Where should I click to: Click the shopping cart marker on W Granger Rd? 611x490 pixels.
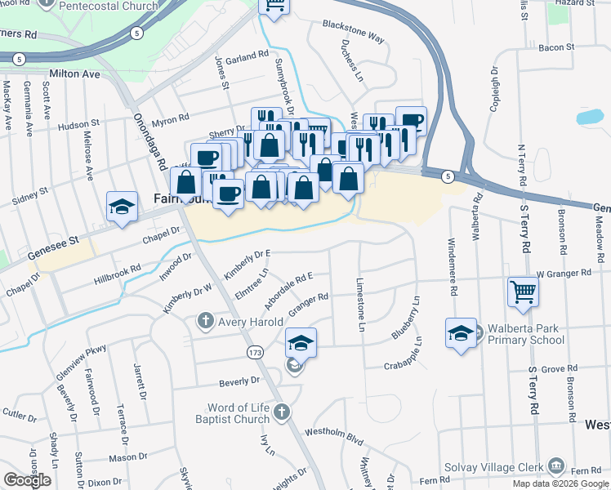[x=523, y=292]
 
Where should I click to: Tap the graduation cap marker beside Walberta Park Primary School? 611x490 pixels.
[x=461, y=333]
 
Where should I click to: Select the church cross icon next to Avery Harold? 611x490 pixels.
[x=207, y=322]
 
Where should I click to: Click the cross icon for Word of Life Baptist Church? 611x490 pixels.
[x=282, y=412]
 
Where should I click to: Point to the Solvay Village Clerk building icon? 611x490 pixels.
[x=556, y=465]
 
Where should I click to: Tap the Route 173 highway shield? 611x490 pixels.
[x=256, y=350]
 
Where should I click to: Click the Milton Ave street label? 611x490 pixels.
[x=74, y=73]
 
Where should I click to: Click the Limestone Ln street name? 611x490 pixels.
[x=360, y=304]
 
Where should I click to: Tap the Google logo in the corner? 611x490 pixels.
[x=27, y=480]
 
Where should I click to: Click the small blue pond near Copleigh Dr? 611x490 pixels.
[x=591, y=116]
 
